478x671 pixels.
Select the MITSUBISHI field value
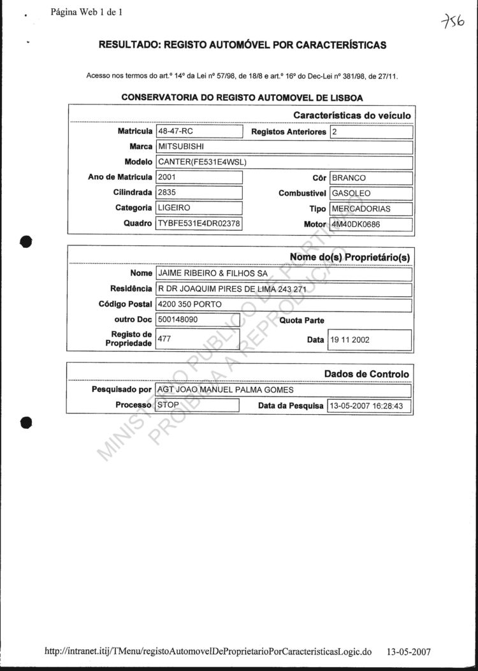[181, 147]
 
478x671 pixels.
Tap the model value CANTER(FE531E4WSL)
[202, 162]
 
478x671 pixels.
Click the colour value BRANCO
[349, 178]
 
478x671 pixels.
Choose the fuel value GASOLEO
[352, 193]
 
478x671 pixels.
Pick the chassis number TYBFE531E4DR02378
[199, 224]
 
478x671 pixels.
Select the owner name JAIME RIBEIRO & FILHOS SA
[213, 273]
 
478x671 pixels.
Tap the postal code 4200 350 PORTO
[190, 305]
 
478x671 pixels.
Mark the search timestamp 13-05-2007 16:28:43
[369, 406]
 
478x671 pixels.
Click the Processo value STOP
[168, 405]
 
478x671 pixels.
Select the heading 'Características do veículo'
[352, 115]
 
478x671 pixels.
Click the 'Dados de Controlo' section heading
[366, 374]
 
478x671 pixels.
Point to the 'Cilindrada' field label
[133, 192]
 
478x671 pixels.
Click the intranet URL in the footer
[208, 652]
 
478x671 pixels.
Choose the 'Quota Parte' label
[301, 321]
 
